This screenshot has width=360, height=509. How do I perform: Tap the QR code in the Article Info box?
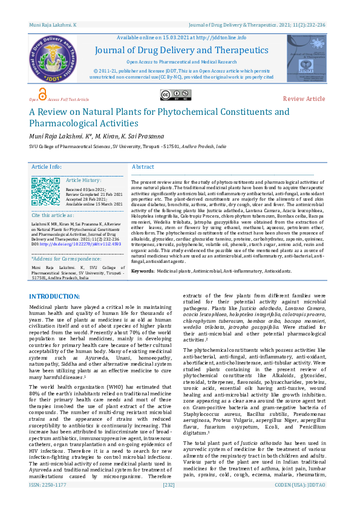[46, 191]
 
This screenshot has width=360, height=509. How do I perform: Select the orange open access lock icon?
[42, 94]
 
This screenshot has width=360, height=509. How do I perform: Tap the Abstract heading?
[143, 167]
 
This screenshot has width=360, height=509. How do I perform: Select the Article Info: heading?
[47, 167]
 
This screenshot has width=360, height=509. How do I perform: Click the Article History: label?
[83, 180]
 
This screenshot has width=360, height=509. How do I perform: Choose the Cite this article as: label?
[54, 215]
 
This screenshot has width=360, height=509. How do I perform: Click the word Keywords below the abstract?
[142, 271]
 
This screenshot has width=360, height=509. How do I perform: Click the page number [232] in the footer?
[169, 501]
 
